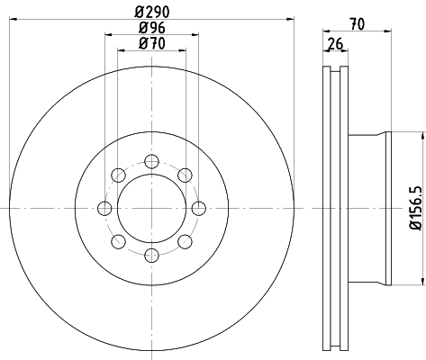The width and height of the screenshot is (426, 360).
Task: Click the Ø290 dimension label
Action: tap(152, 12)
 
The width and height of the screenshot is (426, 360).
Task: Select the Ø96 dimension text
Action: tap(152, 28)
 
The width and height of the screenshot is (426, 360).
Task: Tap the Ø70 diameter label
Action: tap(152, 43)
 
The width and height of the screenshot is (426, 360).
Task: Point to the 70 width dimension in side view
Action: tap(358, 24)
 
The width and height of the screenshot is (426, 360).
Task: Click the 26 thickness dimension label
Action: tap(335, 44)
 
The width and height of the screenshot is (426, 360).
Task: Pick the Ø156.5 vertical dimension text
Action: tap(416, 208)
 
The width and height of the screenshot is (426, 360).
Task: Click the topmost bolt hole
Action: tap(151, 161)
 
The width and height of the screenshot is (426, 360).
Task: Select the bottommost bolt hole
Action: tap(151, 256)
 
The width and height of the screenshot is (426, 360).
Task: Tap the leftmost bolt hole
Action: tap(104, 208)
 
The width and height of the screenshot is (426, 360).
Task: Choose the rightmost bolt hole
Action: tap(199, 208)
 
